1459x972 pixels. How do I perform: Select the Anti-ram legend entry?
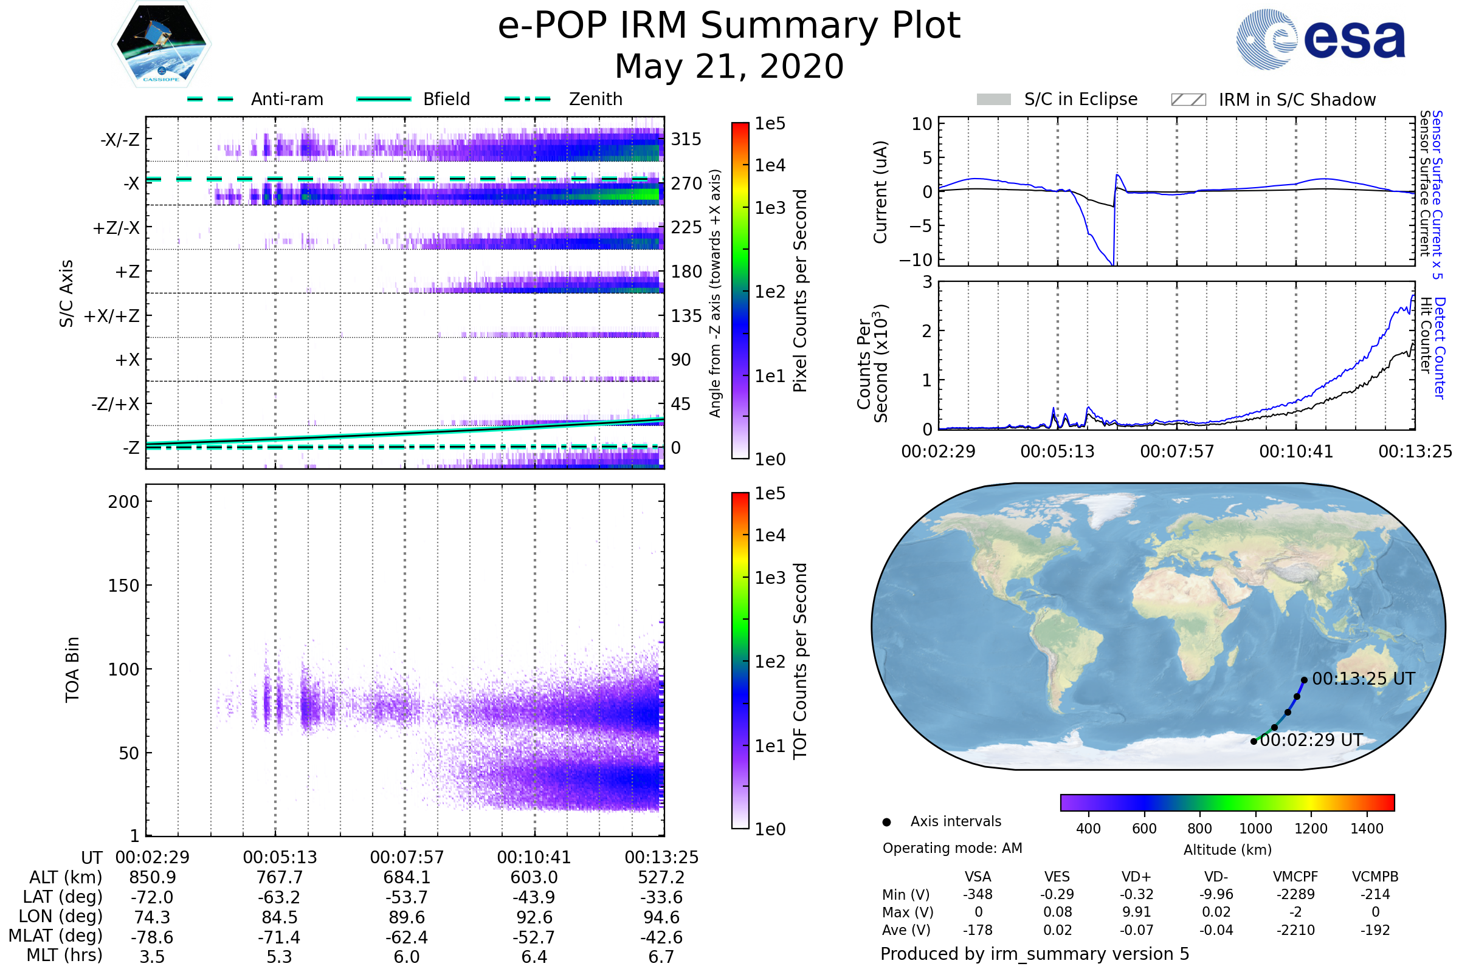(286, 99)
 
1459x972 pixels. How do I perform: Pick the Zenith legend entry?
(595, 99)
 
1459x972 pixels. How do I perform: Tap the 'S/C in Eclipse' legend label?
(1080, 99)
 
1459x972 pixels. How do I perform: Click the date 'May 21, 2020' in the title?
(729, 66)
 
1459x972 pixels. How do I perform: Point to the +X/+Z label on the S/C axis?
(112, 316)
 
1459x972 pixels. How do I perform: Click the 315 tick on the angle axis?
(686, 139)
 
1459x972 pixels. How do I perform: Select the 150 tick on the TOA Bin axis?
(123, 586)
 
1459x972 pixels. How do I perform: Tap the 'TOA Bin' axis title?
(72, 669)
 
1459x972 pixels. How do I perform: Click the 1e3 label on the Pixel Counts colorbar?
(770, 208)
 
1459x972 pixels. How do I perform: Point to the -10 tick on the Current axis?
(916, 259)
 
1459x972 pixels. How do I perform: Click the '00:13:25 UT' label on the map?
(1363, 679)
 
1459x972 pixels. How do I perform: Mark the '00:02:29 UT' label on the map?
(1311, 740)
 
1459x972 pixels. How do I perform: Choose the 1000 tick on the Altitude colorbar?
(1255, 829)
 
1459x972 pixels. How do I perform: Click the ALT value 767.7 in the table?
(279, 878)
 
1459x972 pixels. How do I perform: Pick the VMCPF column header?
(1295, 877)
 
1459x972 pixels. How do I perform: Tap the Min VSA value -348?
(978, 894)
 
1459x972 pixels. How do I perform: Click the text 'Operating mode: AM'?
(952, 848)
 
